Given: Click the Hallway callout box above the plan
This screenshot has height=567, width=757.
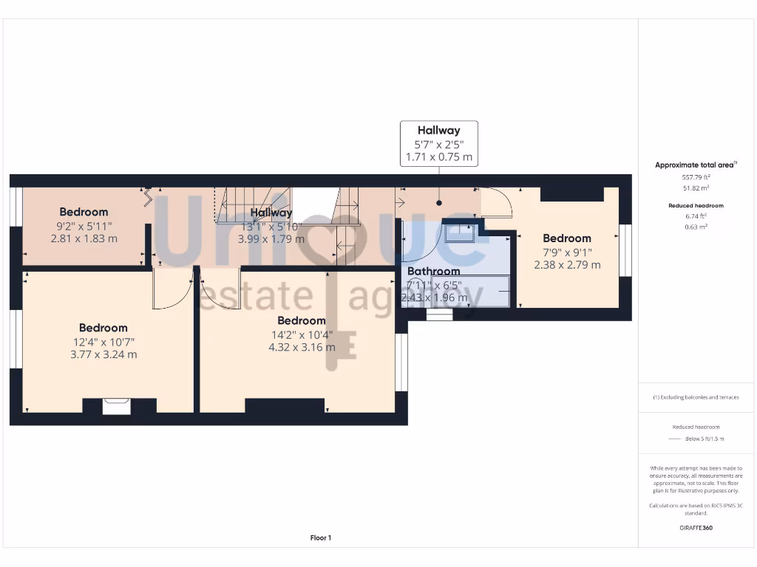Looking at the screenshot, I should (x=438, y=143).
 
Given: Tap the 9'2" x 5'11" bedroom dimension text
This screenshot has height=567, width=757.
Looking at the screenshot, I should (x=84, y=226).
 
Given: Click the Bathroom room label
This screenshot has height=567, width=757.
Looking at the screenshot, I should (x=433, y=271).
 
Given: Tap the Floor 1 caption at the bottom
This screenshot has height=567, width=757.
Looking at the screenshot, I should (x=320, y=538).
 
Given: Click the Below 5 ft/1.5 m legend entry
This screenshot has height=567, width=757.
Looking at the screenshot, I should (x=704, y=439).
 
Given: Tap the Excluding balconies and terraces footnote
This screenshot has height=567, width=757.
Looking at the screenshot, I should (x=695, y=397).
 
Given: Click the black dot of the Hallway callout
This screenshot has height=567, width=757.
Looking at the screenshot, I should (x=439, y=202).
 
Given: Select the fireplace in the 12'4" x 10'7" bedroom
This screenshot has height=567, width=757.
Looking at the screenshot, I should (x=116, y=406).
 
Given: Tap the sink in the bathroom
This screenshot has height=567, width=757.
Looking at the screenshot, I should (x=460, y=233).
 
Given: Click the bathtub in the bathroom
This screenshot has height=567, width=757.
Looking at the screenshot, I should (x=471, y=292).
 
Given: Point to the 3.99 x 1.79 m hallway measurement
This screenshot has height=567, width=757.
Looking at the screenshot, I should (x=271, y=239).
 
